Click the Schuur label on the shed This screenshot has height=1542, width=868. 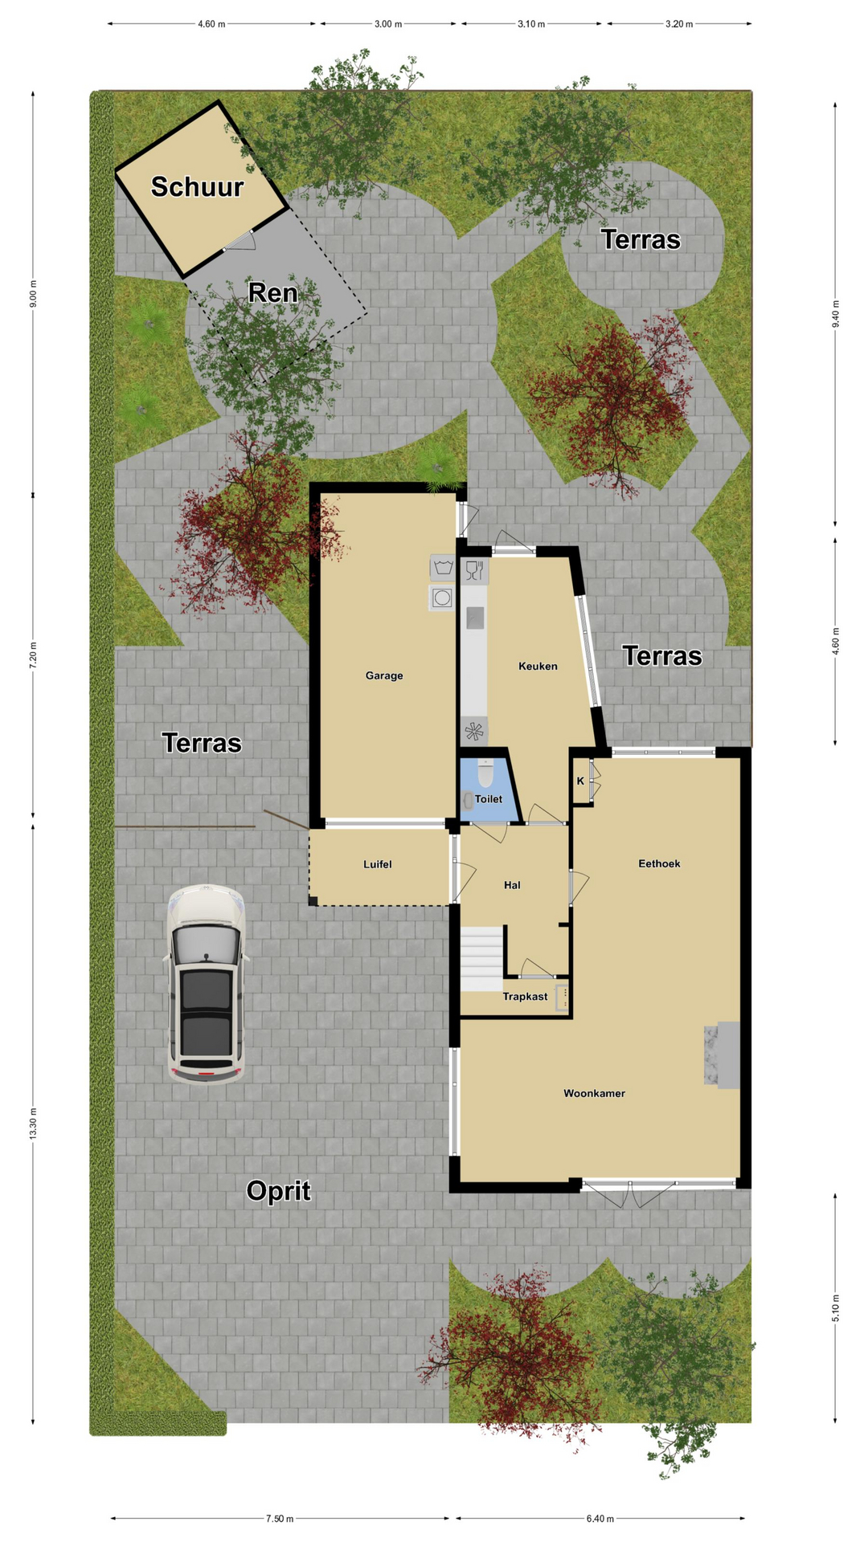tap(197, 186)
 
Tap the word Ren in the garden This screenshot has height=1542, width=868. tap(272, 292)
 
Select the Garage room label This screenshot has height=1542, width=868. tap(384, 675)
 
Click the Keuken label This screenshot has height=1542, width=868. tap(538, 666)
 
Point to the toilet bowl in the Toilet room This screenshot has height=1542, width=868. tap(485, 773)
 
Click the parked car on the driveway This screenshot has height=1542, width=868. tap(205, 985)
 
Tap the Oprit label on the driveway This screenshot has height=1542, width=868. tap(278, 1190)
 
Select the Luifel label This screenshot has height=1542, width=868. tap(378, 864)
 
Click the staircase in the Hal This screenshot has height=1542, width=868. tap(481, 959)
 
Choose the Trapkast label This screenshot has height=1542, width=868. tap(525, 997)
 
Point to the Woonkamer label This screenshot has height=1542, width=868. tap(594, 1093)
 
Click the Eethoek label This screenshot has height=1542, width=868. tap(659, 863)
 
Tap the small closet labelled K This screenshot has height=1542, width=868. tap(580, 781)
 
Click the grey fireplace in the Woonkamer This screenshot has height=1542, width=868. tap(722, 1055)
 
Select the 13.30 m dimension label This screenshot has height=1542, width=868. tap(33, 1123)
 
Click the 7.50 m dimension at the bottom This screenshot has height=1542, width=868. tap(280, 1519)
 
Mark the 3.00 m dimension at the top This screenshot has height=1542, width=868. tap(388, 24)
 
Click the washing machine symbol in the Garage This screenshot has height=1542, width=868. tap(442, 598)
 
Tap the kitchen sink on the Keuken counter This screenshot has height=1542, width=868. tap(475, 618)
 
